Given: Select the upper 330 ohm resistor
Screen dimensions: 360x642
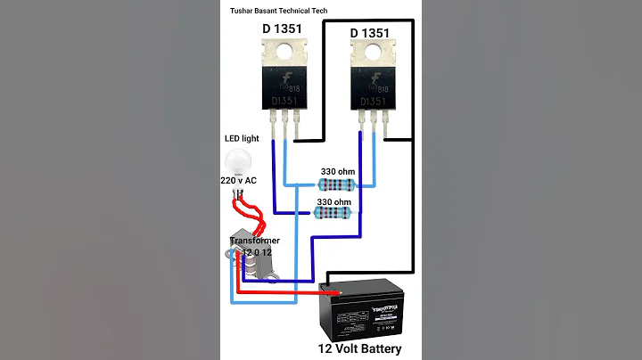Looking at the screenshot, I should point(337,185).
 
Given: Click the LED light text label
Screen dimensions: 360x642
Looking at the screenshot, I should point(239,139).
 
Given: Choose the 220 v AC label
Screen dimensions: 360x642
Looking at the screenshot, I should point(239,181).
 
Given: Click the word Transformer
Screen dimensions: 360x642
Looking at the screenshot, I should point(255,241).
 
